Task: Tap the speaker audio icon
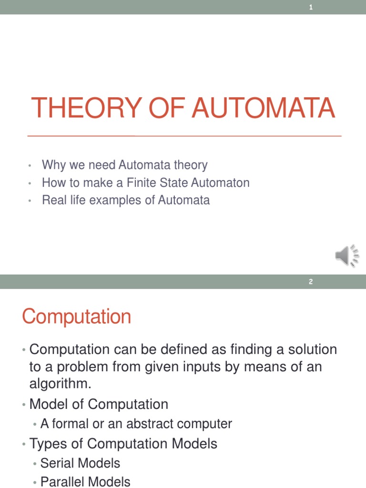(346, 256)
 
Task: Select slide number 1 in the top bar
(311, 7)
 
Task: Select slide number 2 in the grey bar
(311, 282)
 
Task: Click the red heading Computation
(76, 316)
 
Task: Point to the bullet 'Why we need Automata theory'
(124, 165)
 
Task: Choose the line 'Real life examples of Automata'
(125, 200)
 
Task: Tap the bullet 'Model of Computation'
(99, 404)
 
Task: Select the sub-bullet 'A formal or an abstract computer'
(136, 424)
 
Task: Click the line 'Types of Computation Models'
(123, 444)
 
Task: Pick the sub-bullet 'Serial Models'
(80, 463)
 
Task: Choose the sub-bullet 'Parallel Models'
(85, 482)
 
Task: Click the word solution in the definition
(309, 349)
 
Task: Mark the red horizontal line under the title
(184, 136)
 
